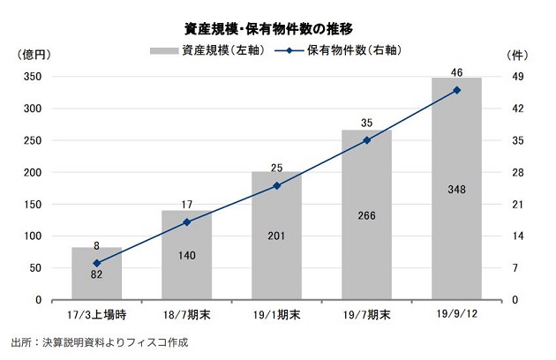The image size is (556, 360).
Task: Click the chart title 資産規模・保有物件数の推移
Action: (x=278, y=27)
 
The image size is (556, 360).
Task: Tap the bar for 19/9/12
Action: (x=456, y=189)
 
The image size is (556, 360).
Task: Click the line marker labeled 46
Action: (x=456, y=90)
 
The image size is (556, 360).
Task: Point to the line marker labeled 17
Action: (x=187, y=221)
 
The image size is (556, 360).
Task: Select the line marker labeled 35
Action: (x=366, y=140)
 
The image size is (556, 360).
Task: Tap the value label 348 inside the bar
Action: (x=456, y=189)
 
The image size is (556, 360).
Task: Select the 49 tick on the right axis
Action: (x=518, y=78)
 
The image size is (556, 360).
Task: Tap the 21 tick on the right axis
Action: (x=518, y=205)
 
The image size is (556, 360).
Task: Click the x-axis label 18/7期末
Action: (x=187, y=313)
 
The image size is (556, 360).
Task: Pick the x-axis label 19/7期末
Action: (x=366, y=313)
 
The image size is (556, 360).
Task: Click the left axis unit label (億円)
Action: (x=34, y=55)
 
